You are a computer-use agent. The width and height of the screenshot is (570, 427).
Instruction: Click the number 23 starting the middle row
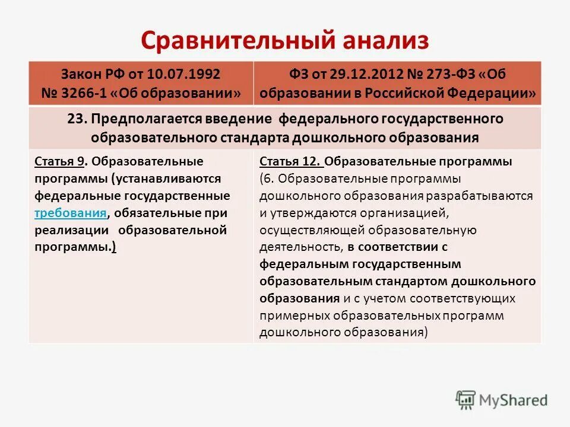(x=76, y=119)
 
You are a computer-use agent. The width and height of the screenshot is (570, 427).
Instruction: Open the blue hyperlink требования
(x=71, y=213)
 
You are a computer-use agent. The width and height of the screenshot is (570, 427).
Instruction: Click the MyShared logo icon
(x=465, y=400)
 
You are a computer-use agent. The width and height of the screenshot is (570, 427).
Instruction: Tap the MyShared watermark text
(x=515, y=401)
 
